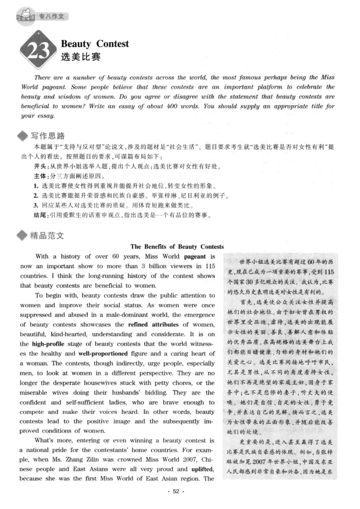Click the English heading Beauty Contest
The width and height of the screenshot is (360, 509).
point(94,44)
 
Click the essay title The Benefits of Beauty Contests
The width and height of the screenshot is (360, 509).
point(177,247)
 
